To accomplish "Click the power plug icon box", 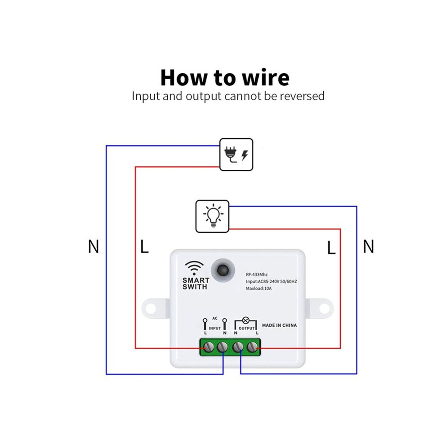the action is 236,155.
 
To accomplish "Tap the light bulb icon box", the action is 212,216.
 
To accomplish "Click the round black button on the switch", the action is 223,270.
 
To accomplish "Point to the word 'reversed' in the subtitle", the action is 302,96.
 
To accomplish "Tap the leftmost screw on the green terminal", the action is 209,347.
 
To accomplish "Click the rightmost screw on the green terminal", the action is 252,347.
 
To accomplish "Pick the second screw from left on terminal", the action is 222,347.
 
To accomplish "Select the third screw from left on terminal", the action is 238,347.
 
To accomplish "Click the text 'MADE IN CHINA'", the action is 279,325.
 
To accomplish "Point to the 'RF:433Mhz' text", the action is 257,275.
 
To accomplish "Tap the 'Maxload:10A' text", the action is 258,288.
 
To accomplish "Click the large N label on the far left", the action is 93,246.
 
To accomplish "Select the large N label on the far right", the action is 369,246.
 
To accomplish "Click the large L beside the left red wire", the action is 144,246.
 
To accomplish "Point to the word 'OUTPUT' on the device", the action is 246,328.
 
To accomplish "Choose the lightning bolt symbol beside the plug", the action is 245,156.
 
